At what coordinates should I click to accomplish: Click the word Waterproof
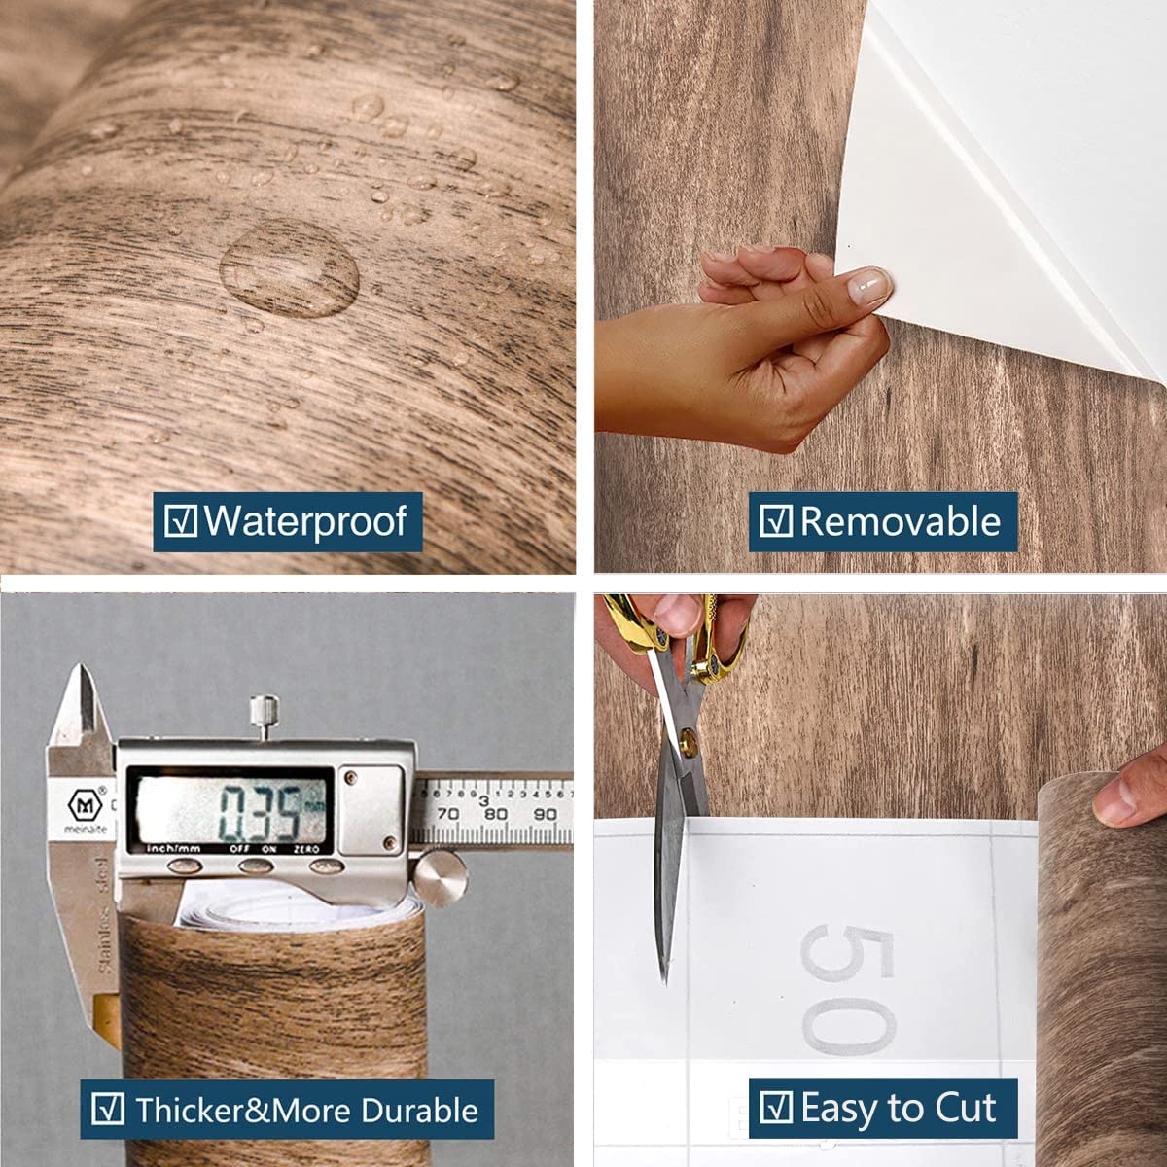[304, 522]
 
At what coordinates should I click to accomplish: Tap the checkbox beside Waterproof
[181, 521]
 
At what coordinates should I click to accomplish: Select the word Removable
[900, 522]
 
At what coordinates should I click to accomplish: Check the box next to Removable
[775, 521]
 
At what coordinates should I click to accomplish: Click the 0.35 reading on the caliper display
[257, 812]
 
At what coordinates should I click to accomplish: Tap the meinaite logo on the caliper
[82, 806]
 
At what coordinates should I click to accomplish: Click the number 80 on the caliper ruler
[495, 814]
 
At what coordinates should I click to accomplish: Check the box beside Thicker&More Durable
[107, 1110]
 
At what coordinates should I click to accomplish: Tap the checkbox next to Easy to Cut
[775, 1108]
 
